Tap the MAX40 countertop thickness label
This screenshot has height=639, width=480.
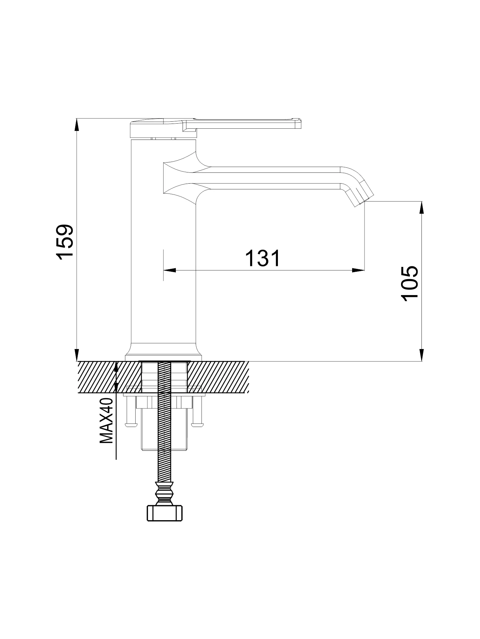pos(106,421)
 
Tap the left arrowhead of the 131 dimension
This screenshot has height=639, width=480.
pos(169,270)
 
